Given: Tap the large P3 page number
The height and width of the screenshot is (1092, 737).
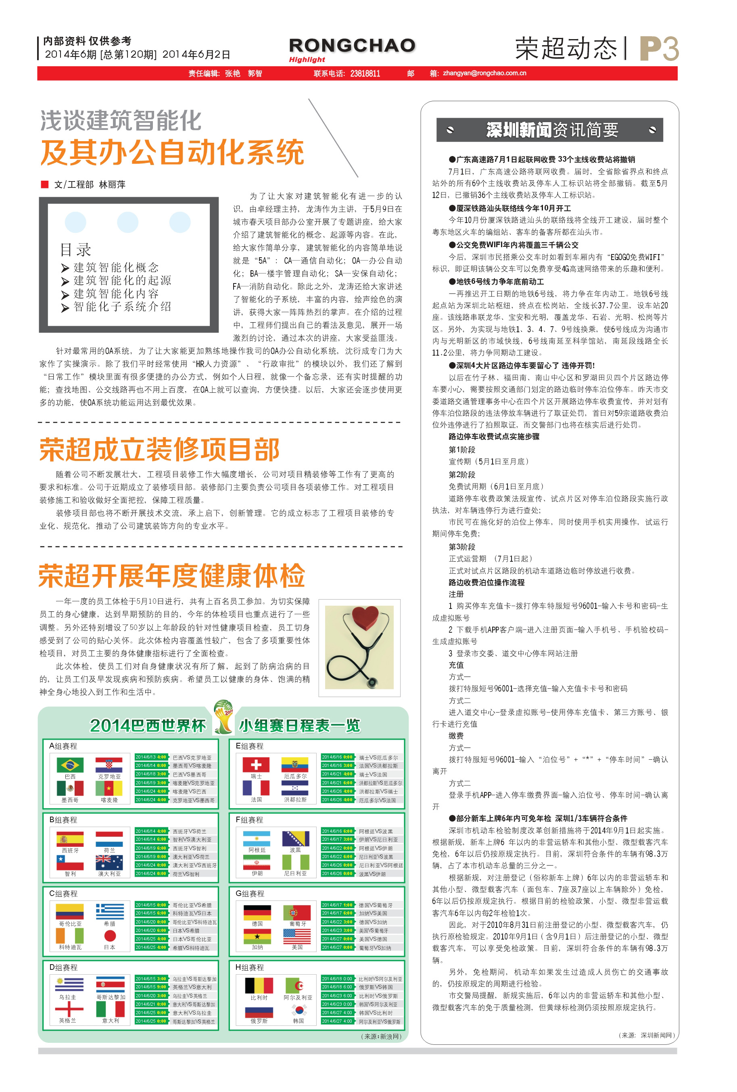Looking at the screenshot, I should (x=659, y=49).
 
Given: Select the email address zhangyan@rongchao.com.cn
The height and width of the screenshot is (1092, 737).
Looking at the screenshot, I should (x=484, y=73).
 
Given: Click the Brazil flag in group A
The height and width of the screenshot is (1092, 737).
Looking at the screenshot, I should (x=70, y=765).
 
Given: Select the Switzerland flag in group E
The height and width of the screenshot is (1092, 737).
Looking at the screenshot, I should (x=256, y=765).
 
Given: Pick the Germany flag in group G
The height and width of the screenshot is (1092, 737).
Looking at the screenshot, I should (x=257, y=912).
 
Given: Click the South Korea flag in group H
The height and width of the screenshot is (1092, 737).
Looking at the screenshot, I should (x=298, y=1009).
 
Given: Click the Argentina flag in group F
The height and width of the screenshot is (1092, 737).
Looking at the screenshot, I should (x=257, y=838).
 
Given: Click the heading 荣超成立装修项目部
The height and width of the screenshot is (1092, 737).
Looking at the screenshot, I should (x=160, y=449).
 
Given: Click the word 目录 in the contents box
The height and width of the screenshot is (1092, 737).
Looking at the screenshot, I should (x=76, y=250).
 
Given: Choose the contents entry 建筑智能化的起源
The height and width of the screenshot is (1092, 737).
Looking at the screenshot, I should (x=122, y=281).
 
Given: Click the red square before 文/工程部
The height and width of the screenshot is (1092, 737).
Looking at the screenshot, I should (x=45, y=184).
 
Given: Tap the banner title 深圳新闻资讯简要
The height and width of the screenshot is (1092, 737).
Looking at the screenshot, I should (x=552, y=130).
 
